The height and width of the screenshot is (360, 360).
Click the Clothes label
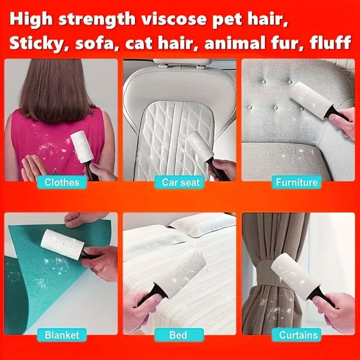[62, 182]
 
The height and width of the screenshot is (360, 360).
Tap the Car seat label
[180, 182]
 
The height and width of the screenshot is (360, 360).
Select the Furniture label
[297, 182]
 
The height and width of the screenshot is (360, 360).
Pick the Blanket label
[62, 335]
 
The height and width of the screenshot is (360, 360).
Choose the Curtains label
[298, 335]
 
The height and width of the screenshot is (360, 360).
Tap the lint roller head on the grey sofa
[310, 100]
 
